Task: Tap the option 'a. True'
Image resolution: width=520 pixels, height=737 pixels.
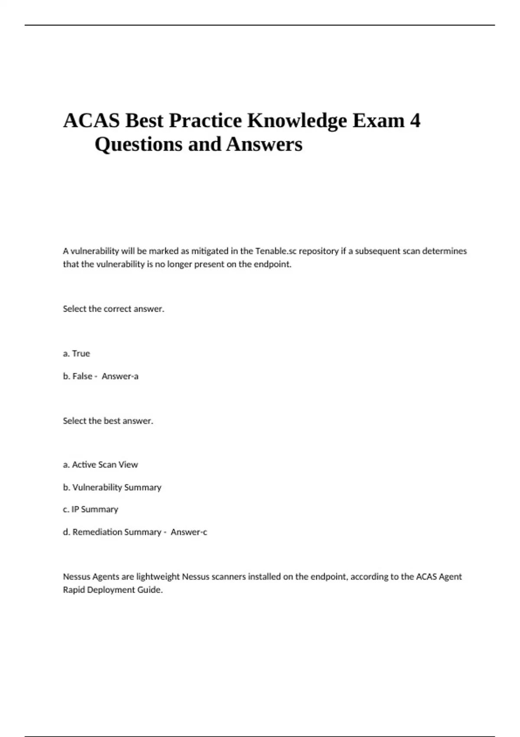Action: pos(76,354)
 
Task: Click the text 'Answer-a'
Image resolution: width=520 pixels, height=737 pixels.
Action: pos(120,376)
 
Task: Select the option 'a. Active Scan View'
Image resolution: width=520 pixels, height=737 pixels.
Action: pos(100,465)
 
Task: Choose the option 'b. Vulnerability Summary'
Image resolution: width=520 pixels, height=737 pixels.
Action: pos(112,487)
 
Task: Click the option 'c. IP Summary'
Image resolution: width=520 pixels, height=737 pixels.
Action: pos(90,509)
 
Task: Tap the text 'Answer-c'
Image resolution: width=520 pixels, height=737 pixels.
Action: pos(189,532)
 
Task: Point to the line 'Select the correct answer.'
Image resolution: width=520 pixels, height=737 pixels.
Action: pos(114,309)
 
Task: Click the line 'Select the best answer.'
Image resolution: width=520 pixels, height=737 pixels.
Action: pos(108,421)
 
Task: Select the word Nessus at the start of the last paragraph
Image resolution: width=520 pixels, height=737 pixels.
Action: pos(75,577)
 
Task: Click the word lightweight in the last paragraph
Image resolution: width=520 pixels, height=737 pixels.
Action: pos(158,577)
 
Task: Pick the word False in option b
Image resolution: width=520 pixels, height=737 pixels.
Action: pos(82,376)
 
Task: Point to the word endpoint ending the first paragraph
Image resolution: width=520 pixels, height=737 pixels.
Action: pos(273,264)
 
